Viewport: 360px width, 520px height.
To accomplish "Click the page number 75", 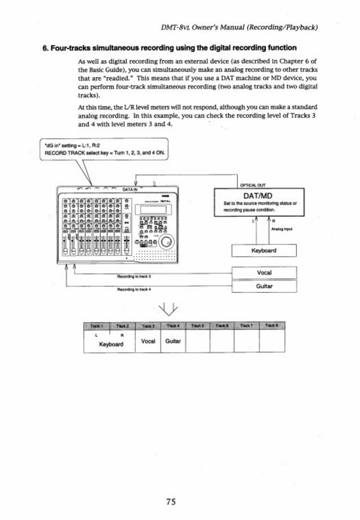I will [171, 501].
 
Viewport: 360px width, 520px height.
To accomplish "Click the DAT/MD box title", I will [258, 196].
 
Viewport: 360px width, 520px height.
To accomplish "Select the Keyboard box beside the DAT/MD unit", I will [264, 251].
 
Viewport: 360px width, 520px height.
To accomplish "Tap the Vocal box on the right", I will [264, 273].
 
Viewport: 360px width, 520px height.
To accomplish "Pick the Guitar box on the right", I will [264, 286].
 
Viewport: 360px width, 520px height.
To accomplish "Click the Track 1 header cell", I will [97, 325].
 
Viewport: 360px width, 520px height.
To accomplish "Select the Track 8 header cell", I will [272, 325].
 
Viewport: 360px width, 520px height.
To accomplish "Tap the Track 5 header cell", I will [198, 325].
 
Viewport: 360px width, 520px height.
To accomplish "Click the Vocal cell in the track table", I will [148, 341].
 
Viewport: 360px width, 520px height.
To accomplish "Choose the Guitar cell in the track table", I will [173, 341].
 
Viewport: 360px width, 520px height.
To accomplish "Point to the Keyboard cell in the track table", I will [111, 344].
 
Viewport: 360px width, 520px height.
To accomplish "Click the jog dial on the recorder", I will [167, 242].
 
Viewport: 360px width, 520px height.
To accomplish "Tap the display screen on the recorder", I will [151, 209].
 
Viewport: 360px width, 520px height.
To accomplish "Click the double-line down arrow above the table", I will [171, 308].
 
